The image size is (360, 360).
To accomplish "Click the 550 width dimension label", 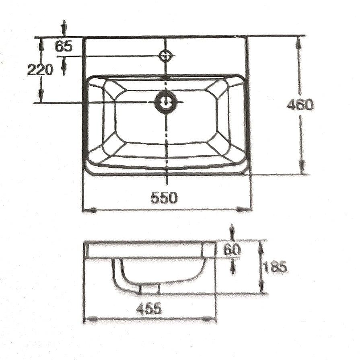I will click(x=164, y=198).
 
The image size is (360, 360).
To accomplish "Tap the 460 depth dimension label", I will click(x=300, y=105).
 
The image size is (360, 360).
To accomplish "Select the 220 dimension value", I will click(x=40, y=70).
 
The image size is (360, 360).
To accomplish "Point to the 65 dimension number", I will click(x=64, y=47).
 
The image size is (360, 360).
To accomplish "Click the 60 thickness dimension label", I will click(x=232, y=250).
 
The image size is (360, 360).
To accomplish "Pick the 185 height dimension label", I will click(x=276, y=267).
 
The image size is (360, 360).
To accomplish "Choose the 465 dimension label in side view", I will click(x=149, y=309).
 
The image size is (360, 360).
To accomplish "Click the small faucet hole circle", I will click(x=166, y=56).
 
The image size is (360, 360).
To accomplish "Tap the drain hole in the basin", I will click(x=166, y=102).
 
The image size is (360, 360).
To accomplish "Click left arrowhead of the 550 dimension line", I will click(x=90, y=210).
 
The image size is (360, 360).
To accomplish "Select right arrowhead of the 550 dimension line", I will click(x=243, y=209).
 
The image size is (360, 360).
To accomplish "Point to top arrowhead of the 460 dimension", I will click(x=298, y=43).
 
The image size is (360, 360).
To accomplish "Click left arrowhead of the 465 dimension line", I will click(x=92, y=319).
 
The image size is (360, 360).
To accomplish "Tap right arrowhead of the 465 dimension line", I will click(x=208, y=319).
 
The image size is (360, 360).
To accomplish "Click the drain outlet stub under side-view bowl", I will click(x=149, y=289).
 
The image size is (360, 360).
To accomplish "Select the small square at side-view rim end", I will click(x=209, y=250).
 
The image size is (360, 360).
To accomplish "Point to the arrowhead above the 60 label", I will click(x=232, y=232).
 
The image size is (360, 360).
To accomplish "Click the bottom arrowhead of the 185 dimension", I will click(x=261, y=288).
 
